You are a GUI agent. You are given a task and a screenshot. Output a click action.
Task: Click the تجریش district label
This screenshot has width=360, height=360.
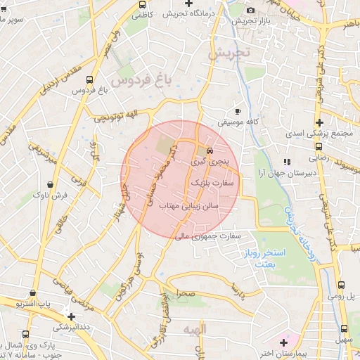coord(233,53)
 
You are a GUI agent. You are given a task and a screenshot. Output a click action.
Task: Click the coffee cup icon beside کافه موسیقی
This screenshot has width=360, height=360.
coord(238,111)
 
